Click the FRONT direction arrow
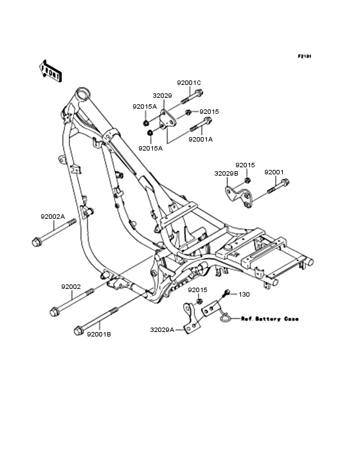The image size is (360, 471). [50, 71]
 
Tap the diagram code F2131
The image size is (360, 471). [305, 56]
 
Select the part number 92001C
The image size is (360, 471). [189, 82]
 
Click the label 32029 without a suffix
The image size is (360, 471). [162, 95]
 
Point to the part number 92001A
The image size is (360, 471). [201, 140]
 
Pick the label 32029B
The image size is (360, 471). [226, 174]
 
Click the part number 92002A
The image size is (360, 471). [53, 217]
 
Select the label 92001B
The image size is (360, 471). [99, 334]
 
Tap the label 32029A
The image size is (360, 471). [162, 330]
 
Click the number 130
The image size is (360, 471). [244, 295]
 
